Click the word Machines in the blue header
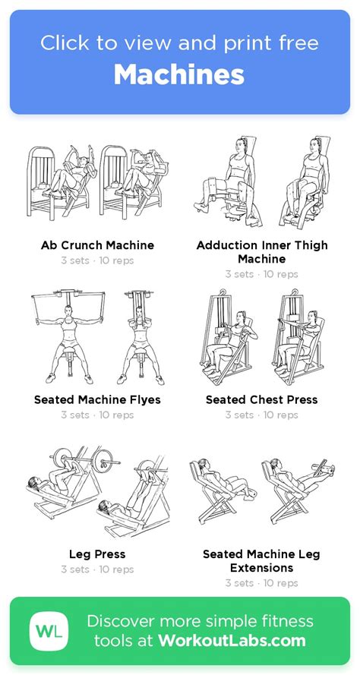coord(179,74)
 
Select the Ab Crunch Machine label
coord(97,245)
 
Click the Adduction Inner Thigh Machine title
coord(262,252)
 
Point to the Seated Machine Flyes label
coord(97,399)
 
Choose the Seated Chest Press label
coord(262,399)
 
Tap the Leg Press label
coord(97,554)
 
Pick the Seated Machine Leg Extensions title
coord(262,561)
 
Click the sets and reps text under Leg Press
coord(97,569)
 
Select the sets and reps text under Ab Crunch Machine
coord(97,261)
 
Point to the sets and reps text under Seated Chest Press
coord(262,415)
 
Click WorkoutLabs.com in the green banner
coord(232,641)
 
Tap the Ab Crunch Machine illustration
coord(97,186)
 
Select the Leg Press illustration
coord(97,494)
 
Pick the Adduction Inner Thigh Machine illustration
coord(262,182)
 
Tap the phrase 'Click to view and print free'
coord(179,43)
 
